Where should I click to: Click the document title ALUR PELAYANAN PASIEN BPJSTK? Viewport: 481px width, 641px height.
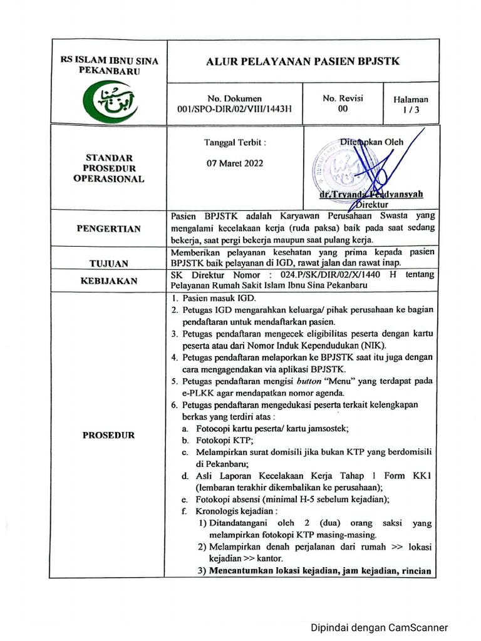(x=303, y=61)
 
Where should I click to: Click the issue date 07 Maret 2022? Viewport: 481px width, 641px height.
(x=235, y=163)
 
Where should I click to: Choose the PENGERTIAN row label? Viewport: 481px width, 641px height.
(x=109, y=229)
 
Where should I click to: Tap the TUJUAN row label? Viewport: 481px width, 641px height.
(x=109, y=264)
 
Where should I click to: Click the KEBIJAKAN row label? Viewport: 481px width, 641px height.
(x=109, y=281)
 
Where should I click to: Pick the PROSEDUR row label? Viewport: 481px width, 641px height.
(x=109, y=435)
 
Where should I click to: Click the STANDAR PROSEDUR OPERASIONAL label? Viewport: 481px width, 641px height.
(x=109, y=168)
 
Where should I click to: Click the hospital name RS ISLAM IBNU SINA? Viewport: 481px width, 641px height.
(x=109, y=61)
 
